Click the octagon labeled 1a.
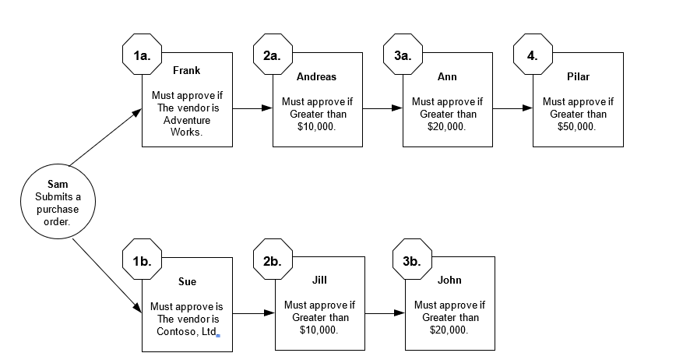142,55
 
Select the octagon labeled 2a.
273,55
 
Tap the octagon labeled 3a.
403,55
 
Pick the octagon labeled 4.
533,55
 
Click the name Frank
187,70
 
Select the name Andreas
317,76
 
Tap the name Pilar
578,76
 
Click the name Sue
187,282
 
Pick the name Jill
319,279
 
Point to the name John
449,280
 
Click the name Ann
447,76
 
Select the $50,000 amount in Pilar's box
577,127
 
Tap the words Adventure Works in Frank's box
187,126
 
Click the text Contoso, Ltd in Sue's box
185,333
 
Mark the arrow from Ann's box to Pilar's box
512,108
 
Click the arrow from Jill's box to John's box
385,313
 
